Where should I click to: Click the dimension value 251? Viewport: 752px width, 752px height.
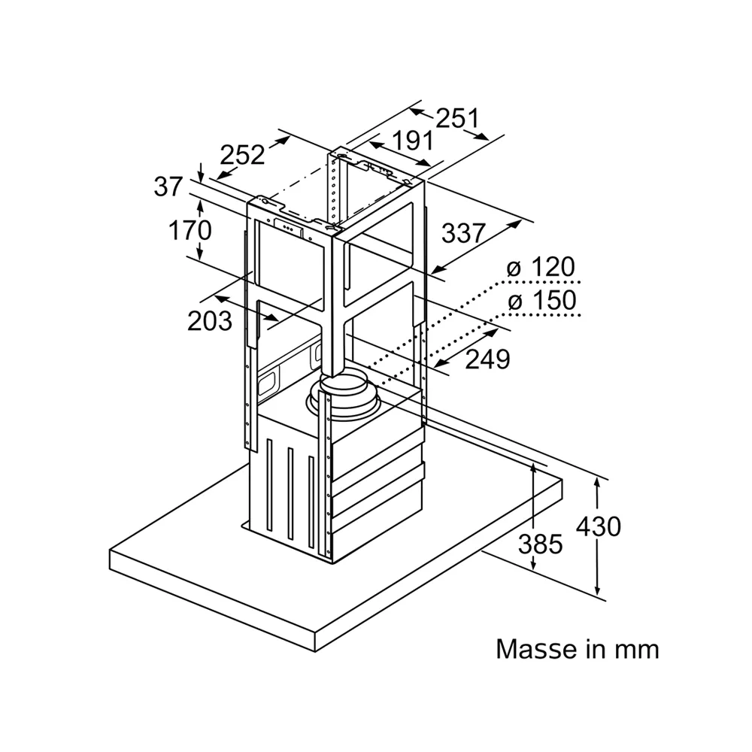point(457,119)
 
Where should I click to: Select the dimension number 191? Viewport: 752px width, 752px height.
point(413,141)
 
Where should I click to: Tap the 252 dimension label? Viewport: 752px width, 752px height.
point(242,154)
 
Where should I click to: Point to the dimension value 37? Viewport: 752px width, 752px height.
point(168,186)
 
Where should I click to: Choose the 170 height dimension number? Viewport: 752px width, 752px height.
point(190,230)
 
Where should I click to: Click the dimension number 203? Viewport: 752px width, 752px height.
point(210,321)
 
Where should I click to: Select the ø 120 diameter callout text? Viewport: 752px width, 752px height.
point(541,267)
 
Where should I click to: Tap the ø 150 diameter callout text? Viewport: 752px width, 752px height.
point(542,301)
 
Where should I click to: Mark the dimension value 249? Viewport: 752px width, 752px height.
point(488,359)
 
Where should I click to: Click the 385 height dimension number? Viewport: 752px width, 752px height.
point(540,544)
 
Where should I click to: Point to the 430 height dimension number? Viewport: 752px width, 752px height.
point(598,526)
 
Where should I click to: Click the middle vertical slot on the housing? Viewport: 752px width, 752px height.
point(290,495)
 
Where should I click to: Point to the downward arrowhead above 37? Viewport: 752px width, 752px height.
point(201,177)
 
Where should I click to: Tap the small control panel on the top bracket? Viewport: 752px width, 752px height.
point(289,229)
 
